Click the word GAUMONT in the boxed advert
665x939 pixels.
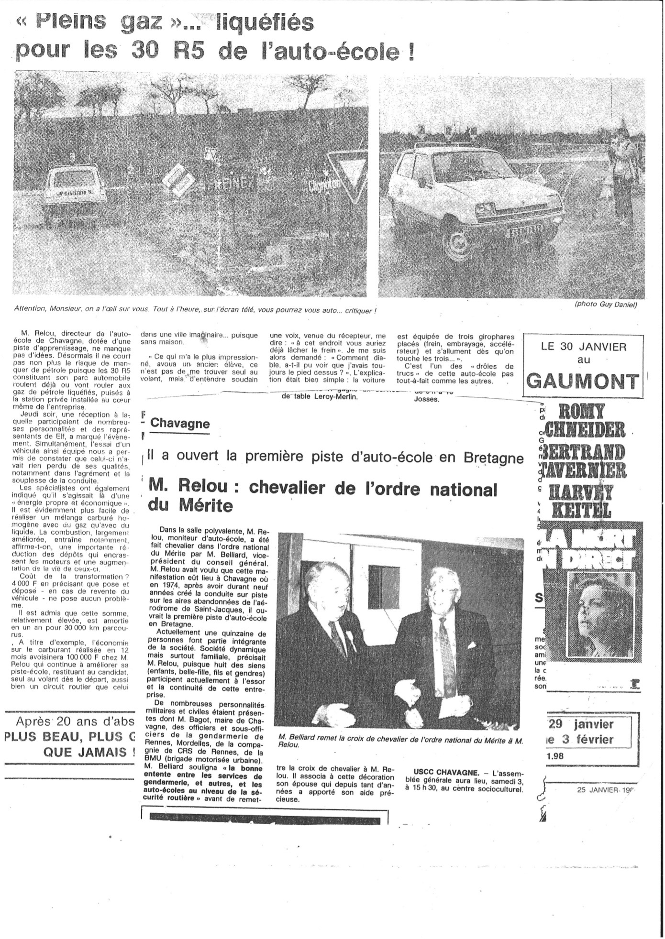coord(583,382)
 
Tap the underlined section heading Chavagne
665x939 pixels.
coord(180,424)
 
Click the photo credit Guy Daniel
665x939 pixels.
coord(606,305)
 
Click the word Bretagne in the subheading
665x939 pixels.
coord(494,458)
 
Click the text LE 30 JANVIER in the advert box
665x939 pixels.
coord(584,347)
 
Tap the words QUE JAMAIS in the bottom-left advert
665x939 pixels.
coord(89,753)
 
